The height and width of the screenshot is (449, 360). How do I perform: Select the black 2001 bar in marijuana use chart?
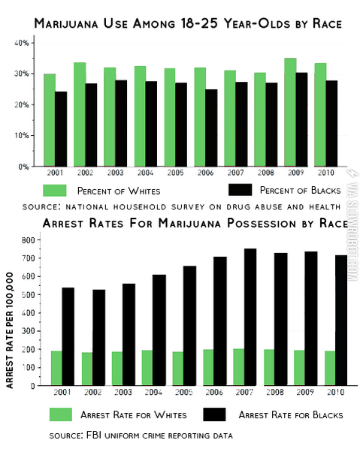point(61,128)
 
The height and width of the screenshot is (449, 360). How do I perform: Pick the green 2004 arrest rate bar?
point(147,368)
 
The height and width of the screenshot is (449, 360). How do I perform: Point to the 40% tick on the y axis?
point(22,43)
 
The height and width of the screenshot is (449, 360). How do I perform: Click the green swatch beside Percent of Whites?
point(56,189)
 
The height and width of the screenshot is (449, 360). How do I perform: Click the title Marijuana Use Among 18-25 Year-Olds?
point(188,24)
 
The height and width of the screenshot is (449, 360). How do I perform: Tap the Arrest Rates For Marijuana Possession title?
point(188,224)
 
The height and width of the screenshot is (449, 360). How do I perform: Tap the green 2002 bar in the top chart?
point(80,114)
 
